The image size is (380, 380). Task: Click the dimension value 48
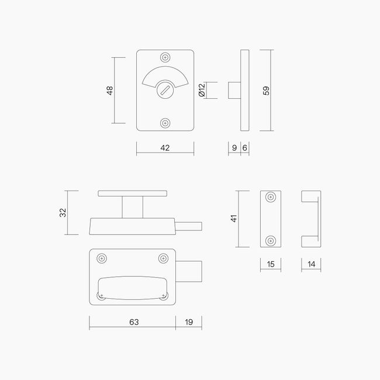coord(109,91)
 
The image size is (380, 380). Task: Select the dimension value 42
coord(164,148)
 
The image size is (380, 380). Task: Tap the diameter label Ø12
coord(202,91)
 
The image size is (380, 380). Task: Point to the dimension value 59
coord(266,91)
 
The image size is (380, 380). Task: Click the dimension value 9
coord(234,148)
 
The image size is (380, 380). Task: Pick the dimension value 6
coord(245,148)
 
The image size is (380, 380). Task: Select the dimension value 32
coord(63,213)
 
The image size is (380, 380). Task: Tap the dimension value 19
coord(188,322)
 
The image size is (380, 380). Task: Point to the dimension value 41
coord(233,219)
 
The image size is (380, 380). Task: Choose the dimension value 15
coord(270,264)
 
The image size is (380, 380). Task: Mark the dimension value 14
coord(311,264)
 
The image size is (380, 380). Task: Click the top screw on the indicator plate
coord(165,58)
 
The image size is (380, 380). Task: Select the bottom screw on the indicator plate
coord(165,123)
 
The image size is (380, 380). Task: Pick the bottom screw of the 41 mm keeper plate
coord(270,240)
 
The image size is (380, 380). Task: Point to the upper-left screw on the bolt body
coord(102,258)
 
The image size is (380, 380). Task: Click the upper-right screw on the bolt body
coord(163,258)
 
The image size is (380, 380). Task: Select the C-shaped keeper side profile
coord(311,219)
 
